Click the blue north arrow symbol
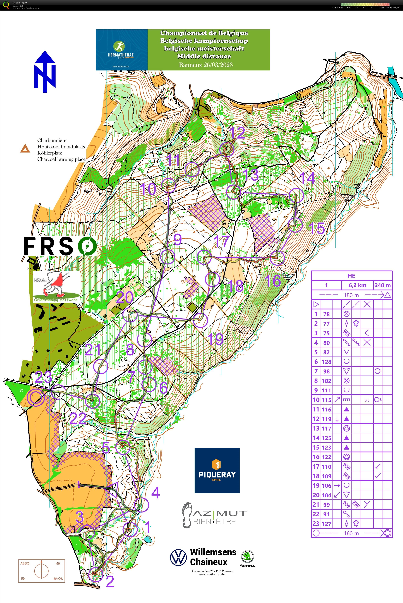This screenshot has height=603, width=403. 45,71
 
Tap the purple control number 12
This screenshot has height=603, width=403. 237,133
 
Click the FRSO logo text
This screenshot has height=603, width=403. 60,246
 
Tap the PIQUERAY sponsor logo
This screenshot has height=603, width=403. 217,470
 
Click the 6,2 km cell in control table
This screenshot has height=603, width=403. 357,285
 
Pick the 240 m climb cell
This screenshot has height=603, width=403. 383,285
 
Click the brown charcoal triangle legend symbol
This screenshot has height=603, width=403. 25,149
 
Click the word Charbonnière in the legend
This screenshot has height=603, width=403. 52,140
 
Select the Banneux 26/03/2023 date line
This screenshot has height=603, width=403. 206,65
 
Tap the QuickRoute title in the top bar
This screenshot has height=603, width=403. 20,3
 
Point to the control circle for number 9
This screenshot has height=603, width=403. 168,257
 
